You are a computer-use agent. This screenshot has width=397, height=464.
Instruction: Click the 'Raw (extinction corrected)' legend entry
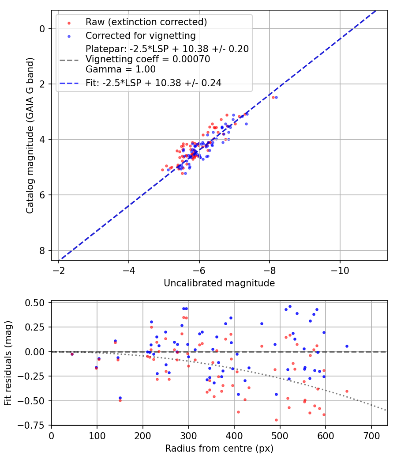pyautogui.click(x=146, y=22)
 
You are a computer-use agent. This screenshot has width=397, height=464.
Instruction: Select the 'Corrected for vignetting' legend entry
pyautogui.click(x=140, y=35)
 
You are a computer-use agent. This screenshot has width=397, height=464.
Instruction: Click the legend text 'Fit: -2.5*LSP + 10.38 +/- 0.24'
pyautogui.click(x=154, y=82)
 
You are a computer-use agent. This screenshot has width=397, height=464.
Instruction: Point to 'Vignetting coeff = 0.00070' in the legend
pyautogui.click(x=148, y=59)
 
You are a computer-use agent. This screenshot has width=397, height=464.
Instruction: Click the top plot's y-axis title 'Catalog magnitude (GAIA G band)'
pyautogui.click(x=30, y=135)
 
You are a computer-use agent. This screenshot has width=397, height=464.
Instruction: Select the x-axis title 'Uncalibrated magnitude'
pyautogui.click(x=219, y=283)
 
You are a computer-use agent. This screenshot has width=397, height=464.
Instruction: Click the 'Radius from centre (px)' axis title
pyautogui.click(x=219, y=449)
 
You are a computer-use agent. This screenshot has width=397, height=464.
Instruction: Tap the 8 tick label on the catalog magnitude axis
pyautogui.click(x=42, y=251)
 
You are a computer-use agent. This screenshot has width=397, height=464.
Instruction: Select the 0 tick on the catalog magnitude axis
pyautogui.click(x=42, y=29)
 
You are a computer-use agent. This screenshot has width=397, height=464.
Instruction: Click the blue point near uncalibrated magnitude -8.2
pyautogui.click(x=276, y=97)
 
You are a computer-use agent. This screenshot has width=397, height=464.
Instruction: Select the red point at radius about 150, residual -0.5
pyautogui.click(x=120, y=400)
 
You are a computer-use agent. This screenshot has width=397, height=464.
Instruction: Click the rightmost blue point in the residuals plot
pyautogui.click(x=347, y=346)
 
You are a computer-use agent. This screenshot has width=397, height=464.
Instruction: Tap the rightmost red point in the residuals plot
pyautogui.click(x=347, y=391)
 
